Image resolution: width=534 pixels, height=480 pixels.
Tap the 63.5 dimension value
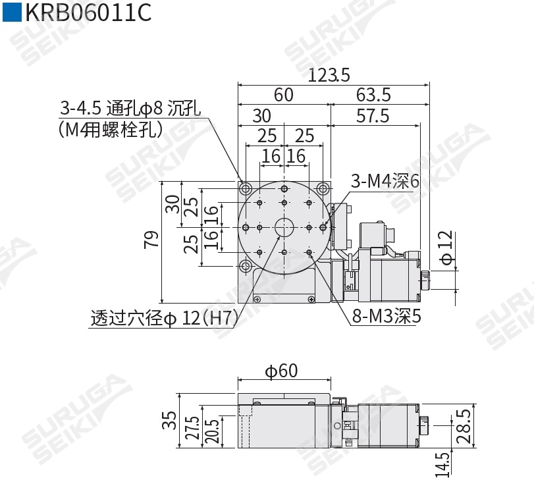point(373,95)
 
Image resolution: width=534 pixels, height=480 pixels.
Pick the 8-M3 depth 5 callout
point(387,317)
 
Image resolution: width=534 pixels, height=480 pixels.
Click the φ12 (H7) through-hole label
point(164,319)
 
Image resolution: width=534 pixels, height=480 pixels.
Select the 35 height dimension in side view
point(169,420)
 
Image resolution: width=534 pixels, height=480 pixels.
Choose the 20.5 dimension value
point(211,433)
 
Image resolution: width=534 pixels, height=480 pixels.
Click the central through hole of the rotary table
point(284,227)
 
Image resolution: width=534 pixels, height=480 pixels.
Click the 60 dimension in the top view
point(284,95)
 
